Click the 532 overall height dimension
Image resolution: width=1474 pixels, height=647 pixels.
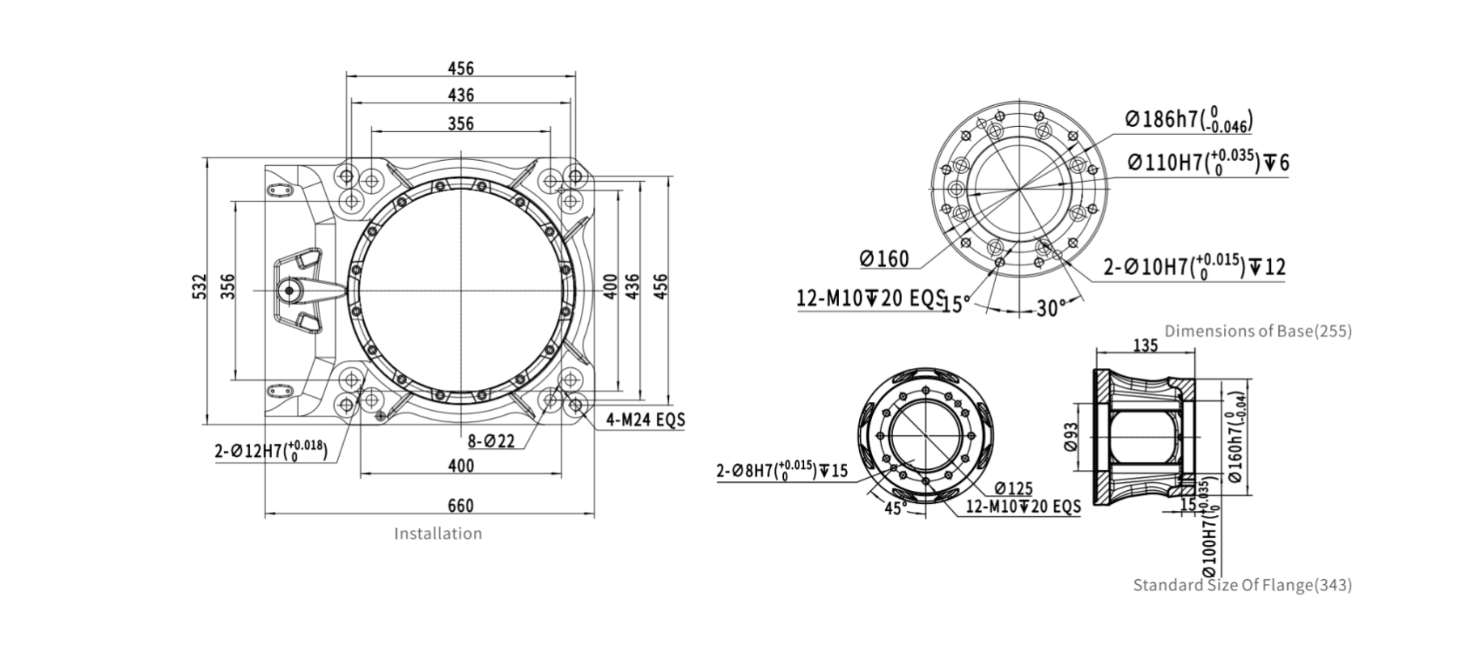pyautogui.click(x=200, y=286)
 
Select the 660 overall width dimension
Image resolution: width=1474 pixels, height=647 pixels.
pyautogui.click(x=460, y=505)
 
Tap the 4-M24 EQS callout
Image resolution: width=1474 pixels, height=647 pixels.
pyautogui.click(x=646, y=420)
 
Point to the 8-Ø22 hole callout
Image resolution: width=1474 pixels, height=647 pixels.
pyautogui.click(x=491, y=441)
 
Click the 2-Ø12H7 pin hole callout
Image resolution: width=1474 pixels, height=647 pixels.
pyautogui.click(x=271, y=450)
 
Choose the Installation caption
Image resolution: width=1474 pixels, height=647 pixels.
pyautogui.click(x=438, y=534)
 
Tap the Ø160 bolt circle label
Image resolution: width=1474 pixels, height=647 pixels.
pyautogui.click(x=884, y=259)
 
